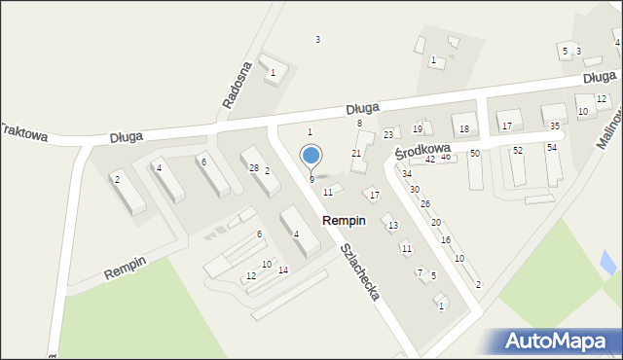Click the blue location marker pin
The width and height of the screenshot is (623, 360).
click(x=311, y=156)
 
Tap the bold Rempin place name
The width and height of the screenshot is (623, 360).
click(x=344, y=221)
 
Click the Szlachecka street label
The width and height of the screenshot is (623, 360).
click(x=359, y=270)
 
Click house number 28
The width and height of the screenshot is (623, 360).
click(x=253, y=168)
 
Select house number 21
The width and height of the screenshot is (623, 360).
click(x=356, y=154)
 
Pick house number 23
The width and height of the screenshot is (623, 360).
click(x=387, y=134)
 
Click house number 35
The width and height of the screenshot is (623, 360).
click(x=554, y=126)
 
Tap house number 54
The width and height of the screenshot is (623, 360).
click(x=551, y=147)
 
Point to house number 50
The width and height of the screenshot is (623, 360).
click(x=475, y=154)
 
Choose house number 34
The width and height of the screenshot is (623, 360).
click(x=406, y=174)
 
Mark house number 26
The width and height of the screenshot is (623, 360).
click(x=424, y=203)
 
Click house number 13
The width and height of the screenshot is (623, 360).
click(x=392, y=226)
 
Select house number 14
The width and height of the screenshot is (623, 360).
click(x=283, y=270)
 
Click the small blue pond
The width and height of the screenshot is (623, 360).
click(x=609, y=261)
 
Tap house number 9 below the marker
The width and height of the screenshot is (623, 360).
click(x=311, y=179)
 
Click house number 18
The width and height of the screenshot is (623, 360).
click(x=464, y=129)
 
